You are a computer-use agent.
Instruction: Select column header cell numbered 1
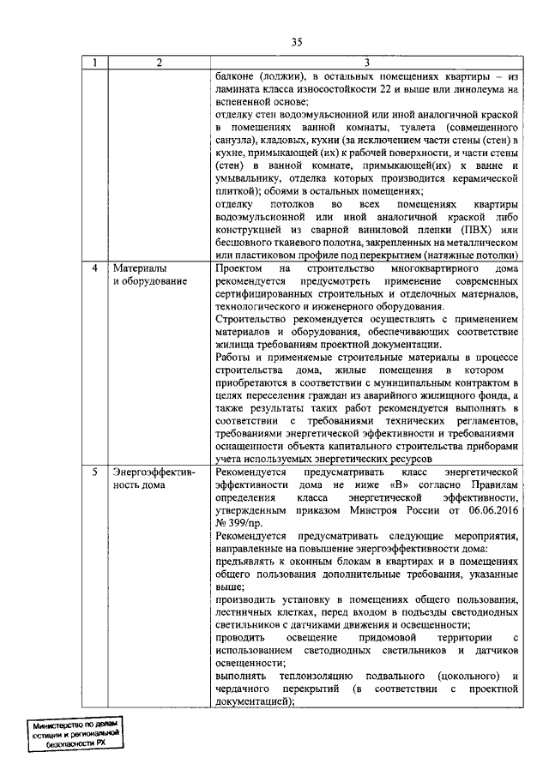(95, 63)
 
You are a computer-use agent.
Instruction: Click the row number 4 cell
(95, 268)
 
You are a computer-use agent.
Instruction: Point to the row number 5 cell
(95, 472)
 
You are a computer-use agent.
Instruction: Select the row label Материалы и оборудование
(146, 275)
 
